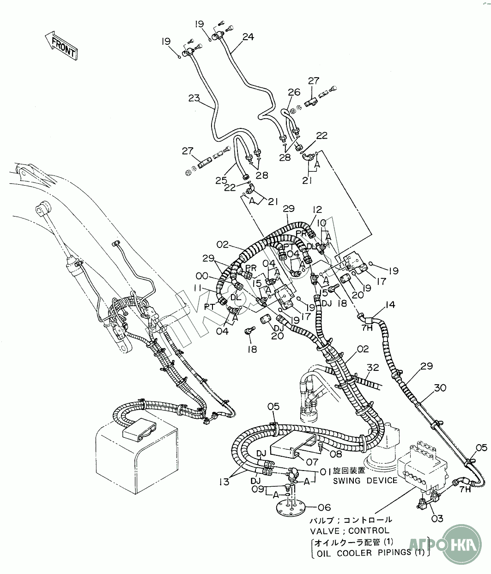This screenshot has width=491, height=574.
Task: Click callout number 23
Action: [194, 98]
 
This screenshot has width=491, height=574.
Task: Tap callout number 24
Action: [248, 37]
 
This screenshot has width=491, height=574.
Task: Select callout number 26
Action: [294, 92]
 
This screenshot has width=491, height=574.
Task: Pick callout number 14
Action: [390, 305]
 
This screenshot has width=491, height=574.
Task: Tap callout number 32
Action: [373, 368]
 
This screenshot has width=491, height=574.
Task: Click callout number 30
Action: [440, 388]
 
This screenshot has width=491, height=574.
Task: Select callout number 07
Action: [312, 461]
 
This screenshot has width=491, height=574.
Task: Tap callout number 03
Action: [437, 519]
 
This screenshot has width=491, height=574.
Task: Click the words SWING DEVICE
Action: [365, 480]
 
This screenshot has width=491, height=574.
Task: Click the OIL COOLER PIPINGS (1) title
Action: [370, 552]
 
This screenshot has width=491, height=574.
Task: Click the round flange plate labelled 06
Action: [289, 508]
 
